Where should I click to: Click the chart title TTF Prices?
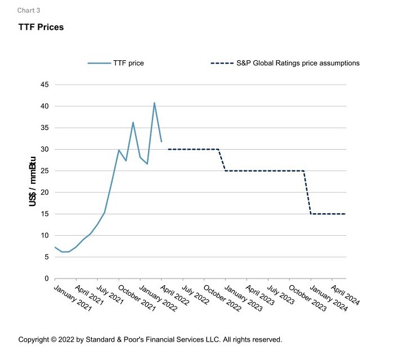pyautogui.click(x=41, y=28)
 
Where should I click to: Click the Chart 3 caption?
pyautogui.click(x=29, y=10)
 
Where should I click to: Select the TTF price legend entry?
pyautogui.click(x=128, y=63)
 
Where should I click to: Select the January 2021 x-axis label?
pyautogui.click(x=73, y=296)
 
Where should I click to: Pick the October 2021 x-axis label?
pyautogui.click(x=136, y=296)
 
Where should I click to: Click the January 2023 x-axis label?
pyautogui.click(x=243, y=296)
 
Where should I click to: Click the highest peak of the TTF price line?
pyautogui.click(x=154, y=103)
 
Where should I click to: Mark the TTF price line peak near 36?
pyautogui.click(x=133, y=122)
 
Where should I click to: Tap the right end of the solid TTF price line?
pyautogui.click(x=162, y=142)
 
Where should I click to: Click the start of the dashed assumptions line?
pyautogui.click(x=168, y=149)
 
